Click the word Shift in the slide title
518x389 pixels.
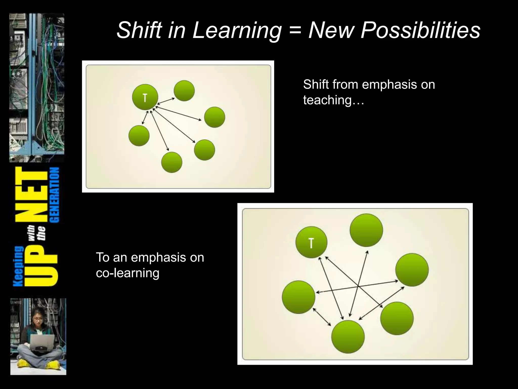139,30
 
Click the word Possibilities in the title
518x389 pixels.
420,30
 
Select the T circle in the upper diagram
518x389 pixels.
145,97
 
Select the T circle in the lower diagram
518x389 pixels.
311,242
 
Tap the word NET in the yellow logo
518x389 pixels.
32,195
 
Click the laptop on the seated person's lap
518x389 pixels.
42,341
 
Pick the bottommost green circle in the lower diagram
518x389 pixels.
348,337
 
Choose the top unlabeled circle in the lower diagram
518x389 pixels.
366,230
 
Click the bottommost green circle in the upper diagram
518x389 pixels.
171,162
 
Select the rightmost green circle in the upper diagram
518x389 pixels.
214,117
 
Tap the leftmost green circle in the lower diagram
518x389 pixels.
298,297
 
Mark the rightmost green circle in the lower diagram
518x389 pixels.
412,270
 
